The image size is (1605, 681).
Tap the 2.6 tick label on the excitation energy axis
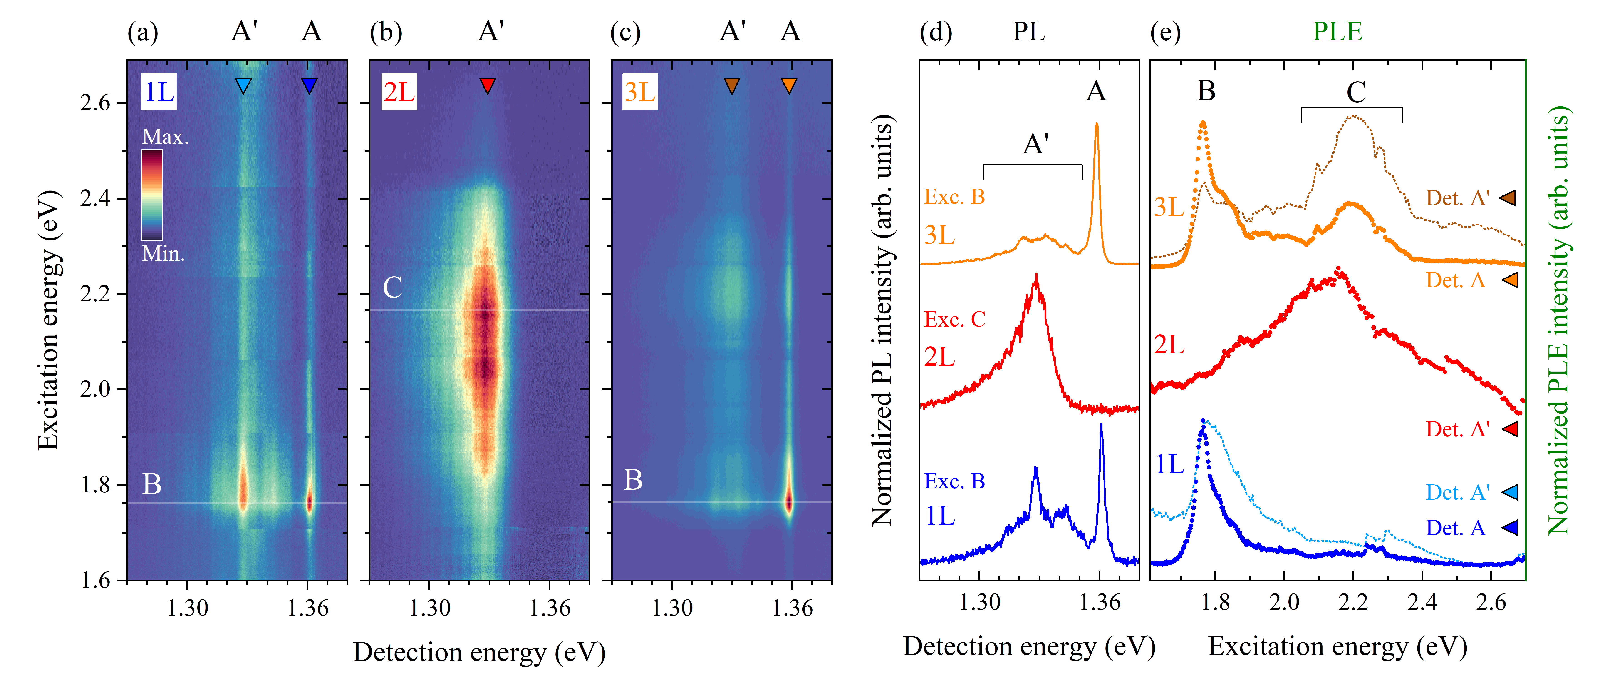[x=95, y=103]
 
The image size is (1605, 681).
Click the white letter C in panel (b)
[x=393, y=288]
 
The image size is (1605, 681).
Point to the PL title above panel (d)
[x=1029, y=31]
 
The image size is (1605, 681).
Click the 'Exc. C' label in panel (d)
[x=954, y=319]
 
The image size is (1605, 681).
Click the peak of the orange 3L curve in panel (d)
[x=1097, y=125]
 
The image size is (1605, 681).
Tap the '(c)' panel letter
[x=625, y=33]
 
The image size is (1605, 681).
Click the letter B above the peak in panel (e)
[x=1206, y=91]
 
